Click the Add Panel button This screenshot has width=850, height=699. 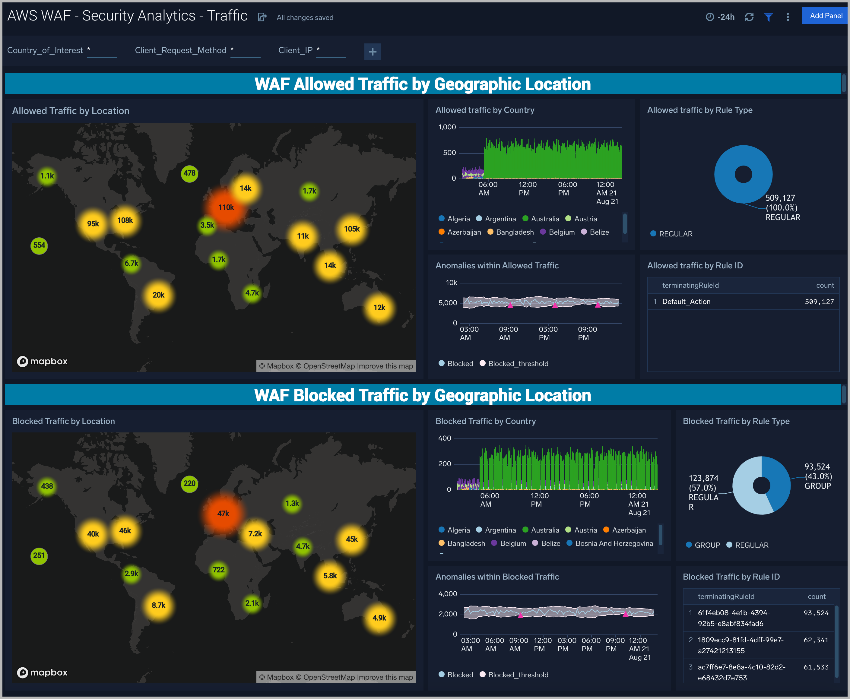pyautogui.click(x=826, y=16)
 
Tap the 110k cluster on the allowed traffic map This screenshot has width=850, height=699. pyautogui.click(x=226, y=207)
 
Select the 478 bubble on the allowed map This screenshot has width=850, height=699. pyautogui.click(x=189, y=173)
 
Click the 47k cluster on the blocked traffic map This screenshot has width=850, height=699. pyautogui.click(x=223, y=513)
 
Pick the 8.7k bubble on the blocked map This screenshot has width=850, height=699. pyautogui.click(x=158, y=605)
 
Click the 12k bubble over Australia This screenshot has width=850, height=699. pyautogui.click(x=379, y=308)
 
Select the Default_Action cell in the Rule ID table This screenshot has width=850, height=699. pyautogui.click(x=686, y=302)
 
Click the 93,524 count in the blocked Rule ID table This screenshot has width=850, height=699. pyautogui.click(x=816, y=613)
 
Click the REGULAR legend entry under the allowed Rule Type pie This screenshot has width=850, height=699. pyautogui.click(x=675, y=234)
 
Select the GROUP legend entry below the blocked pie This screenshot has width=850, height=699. pyautogui.click(x=707, y=545)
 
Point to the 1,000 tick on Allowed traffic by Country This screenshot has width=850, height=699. pyautogui.click(x=447, y=127)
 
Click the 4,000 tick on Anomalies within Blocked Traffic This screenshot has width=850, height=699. pyautogui.click(x=447, y=594)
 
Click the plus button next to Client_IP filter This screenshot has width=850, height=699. pyautogui.click(x=373, y=52)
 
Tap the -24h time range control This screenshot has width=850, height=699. pyautogui.click(x=720, y=17)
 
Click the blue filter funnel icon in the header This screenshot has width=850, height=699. pyautogui.click(x=768, y=17)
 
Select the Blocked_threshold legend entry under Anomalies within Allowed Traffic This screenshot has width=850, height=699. pyautogui.click(x=518, y=364)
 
